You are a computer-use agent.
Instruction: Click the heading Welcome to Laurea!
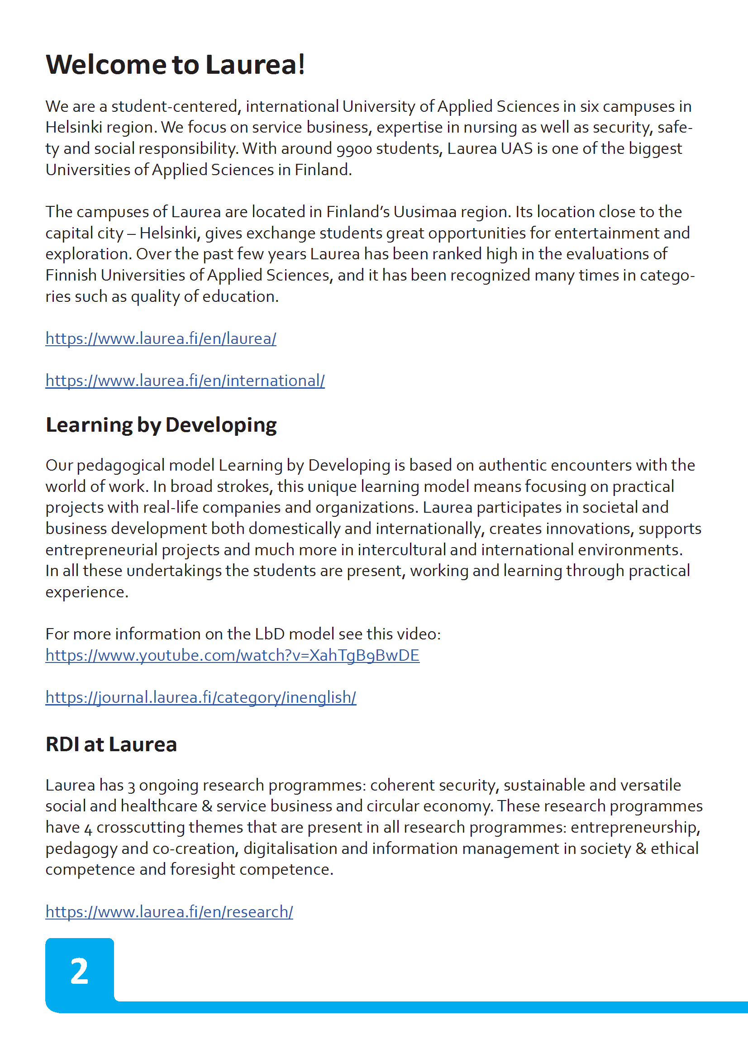(x=175, y=65)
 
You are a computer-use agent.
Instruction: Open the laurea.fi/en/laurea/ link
(x=161, y=338)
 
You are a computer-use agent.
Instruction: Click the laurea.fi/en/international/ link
(x=185, y=381)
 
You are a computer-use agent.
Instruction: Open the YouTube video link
(x=232, y=655)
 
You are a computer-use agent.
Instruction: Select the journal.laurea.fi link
(x=200, y=697)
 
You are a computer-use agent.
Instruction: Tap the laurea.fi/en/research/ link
(x=169, y=912)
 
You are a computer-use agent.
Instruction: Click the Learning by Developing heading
(x=161, y=425)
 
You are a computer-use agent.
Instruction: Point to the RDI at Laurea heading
(x=111, y=745)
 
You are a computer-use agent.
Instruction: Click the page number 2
(x=79, y=972)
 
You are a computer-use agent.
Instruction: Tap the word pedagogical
(x=122, y=466)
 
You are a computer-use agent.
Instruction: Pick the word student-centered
(x=175, y=107)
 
